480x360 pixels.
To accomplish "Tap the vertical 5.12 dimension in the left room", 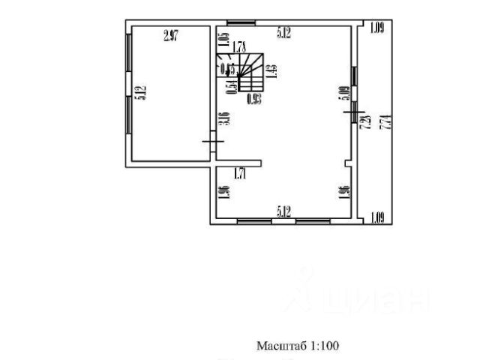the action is [x=139, y=93].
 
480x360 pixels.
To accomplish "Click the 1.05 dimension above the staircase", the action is [x=223, y=40].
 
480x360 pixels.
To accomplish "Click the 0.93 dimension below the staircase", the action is [x=253, y=97].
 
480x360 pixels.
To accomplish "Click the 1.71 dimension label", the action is [x=240, y=174].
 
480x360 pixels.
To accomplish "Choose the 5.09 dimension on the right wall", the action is [x=345, y=93].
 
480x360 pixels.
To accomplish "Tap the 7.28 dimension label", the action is [x=367, y=122].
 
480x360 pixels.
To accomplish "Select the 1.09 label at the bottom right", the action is [x=377, y=218].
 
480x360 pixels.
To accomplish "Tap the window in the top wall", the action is [x=239, y=22].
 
